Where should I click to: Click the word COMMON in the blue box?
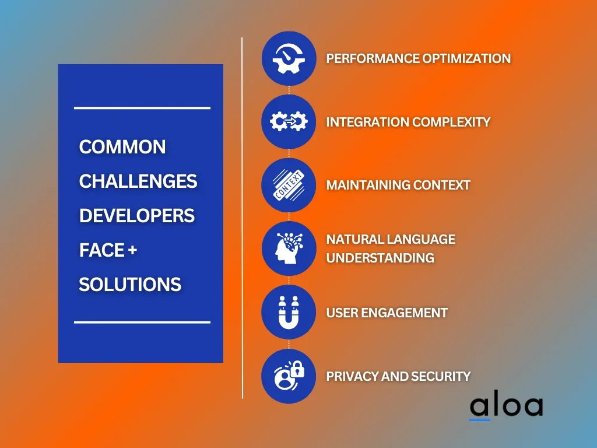pos(122,146)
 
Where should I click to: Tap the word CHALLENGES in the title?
pos(138,181)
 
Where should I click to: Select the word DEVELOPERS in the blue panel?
pos(137,216)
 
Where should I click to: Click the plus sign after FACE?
pos(132,250)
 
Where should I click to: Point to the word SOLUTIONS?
pos(130,285)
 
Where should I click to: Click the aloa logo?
pos(507,407)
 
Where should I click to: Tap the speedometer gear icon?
pos(289,58)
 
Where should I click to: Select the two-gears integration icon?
pos(289,121)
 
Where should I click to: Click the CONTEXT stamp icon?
pos(289,185)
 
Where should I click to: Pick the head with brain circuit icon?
pos(289,248)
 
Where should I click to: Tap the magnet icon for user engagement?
pos(289,313)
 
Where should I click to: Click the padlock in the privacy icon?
pos(297,369)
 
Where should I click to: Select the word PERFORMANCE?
pos(373,58)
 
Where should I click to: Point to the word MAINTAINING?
pos(368,185)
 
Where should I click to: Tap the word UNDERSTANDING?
pos(380,258)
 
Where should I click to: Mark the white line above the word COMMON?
pos(142,108)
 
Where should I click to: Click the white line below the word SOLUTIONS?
pos(142,322)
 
